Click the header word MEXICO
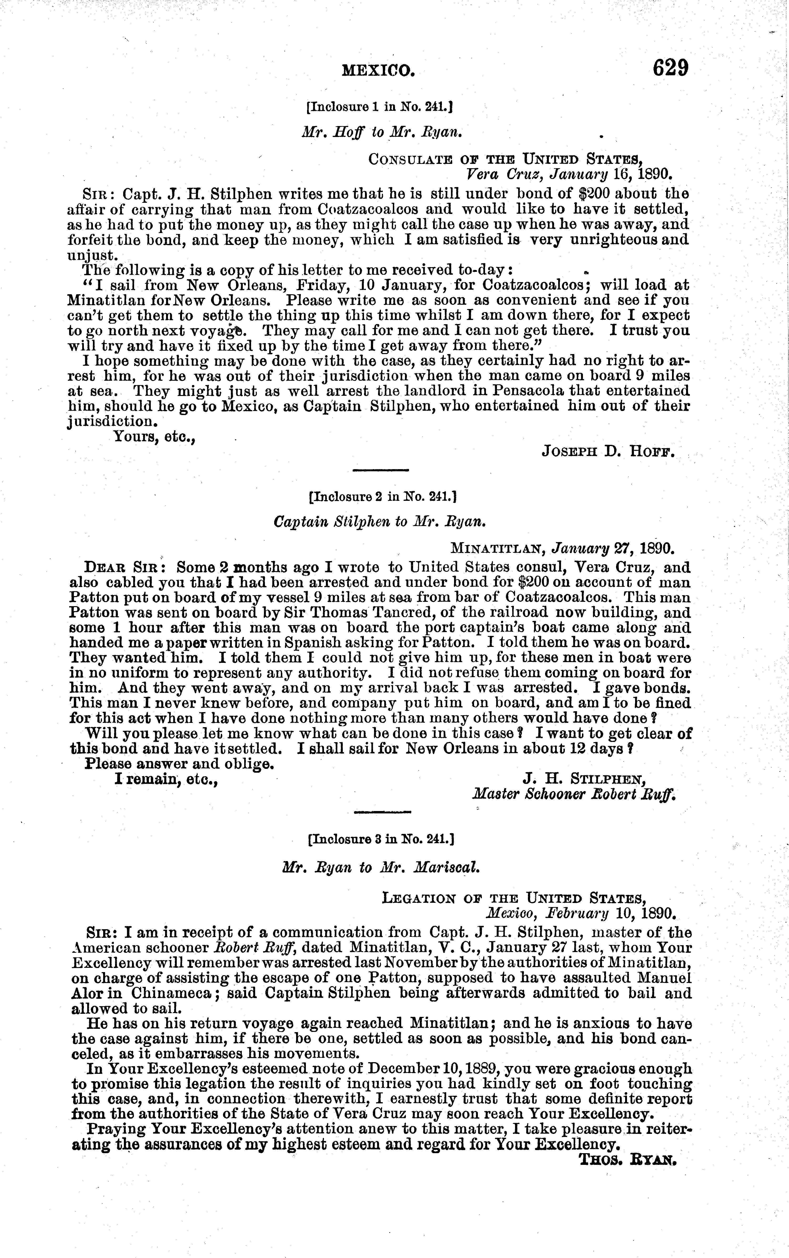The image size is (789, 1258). click(x=378, y=71)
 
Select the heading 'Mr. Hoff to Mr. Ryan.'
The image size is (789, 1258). click(x=383, y=133)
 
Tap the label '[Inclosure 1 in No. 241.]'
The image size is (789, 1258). click(x=379, y=107)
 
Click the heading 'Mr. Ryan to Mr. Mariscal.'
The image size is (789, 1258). click(x=380, y=867)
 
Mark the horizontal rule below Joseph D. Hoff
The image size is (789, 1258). click(x=380, y=471)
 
